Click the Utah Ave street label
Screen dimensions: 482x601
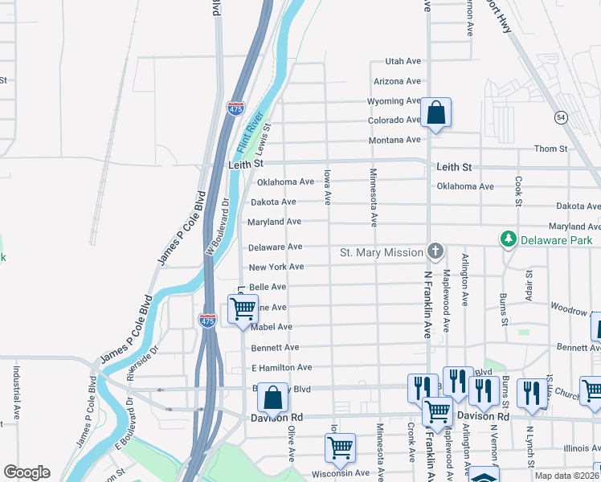(403, 61)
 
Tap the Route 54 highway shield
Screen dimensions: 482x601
(561, 117)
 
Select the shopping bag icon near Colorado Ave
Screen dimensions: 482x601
(435, 113)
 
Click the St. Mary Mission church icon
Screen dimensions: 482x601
(435, 251)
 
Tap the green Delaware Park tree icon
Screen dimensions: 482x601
(508, 239)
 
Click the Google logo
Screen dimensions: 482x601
(26, 472)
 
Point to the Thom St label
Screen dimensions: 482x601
(550, 149)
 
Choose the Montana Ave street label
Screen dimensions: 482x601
(395, 140)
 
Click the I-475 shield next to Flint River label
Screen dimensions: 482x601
(235, 108)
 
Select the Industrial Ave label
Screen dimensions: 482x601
(16, 394)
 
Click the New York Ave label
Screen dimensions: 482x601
(276, 267)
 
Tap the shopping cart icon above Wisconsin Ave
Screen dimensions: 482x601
(341, 447)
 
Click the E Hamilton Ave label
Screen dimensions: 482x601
(281, 367)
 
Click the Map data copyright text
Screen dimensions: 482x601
(566, 476)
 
